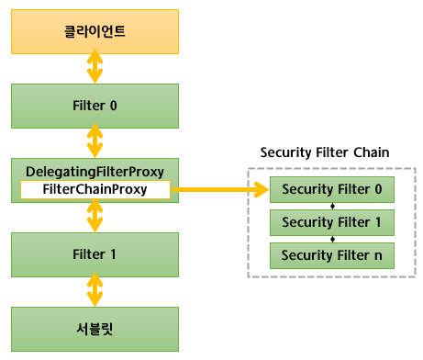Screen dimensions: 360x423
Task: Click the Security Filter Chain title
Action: click(x=325, y=152)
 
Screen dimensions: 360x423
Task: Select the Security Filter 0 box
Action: click(x=332, y=190)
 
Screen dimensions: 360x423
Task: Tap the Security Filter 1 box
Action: click(x=332, y=222)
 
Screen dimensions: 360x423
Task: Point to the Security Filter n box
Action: click(x=332, y=254)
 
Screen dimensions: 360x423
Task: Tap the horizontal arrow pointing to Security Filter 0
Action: click(x=220, y=190)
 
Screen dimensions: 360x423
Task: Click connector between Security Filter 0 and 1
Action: click(x=332, y=207)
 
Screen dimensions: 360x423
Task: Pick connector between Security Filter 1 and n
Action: click(x=332, y=239)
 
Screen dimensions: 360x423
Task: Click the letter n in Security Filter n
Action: click(x=377, y=254)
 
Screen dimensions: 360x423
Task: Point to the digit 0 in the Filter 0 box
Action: click(x=113, y=105)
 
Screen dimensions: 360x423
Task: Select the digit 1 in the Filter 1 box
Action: click(x=113, y=253)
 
